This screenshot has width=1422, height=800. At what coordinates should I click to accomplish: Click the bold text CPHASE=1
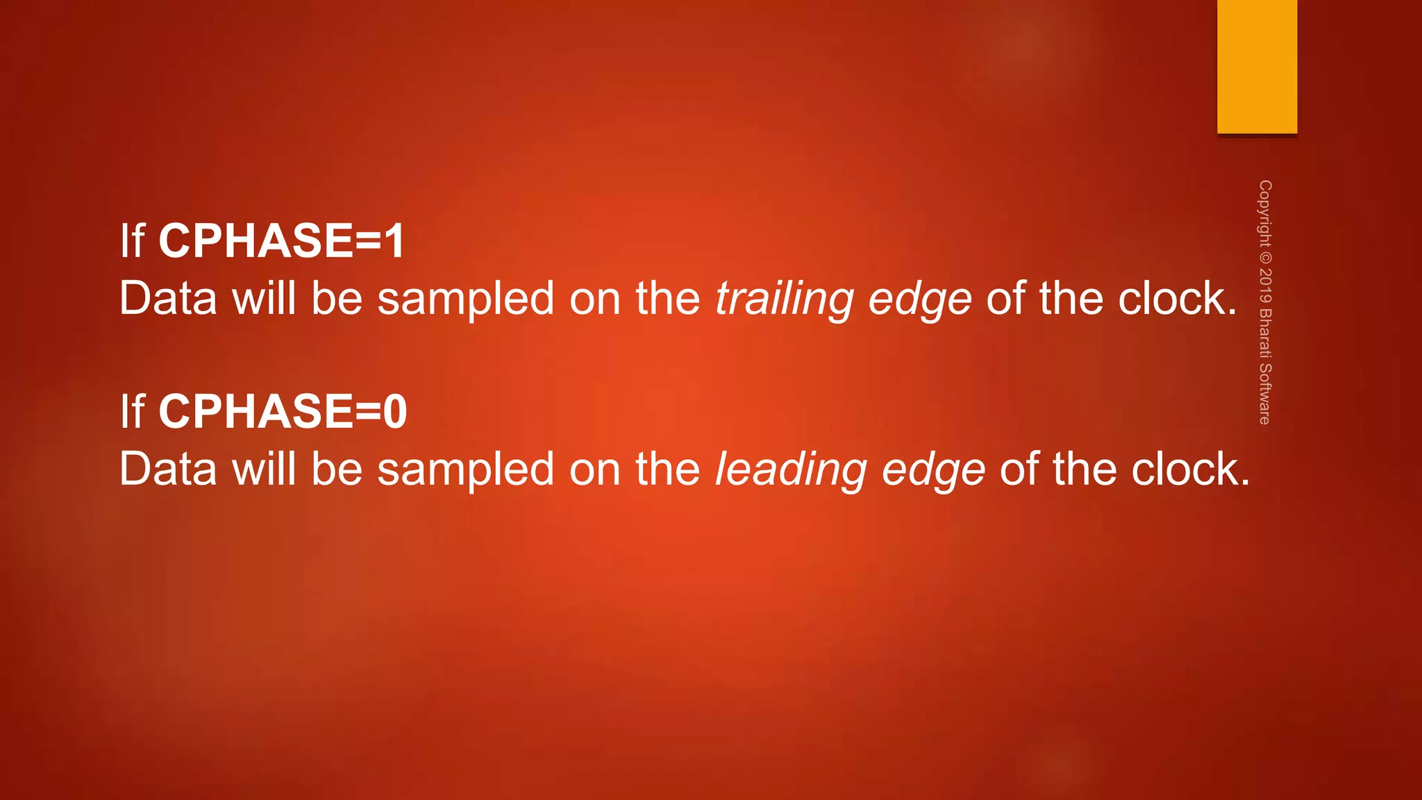(x=281, y=241)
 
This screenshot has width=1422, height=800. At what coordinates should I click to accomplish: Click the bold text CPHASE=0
(x=283, y=411)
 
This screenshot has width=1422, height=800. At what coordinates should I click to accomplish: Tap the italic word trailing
(x=784, y=299)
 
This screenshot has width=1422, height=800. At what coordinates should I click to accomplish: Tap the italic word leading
(x=790, y=469)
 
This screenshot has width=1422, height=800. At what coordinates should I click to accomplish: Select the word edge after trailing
(x=920, y=299)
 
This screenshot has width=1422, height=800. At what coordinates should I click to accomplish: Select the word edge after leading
(x=932, y=469)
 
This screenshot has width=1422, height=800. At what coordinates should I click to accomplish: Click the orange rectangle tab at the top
(x=1257, y=67)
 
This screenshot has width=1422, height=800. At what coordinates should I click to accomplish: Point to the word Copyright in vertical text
(x=1265, y=212)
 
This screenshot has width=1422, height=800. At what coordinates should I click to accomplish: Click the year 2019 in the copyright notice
(x=1265, y=285)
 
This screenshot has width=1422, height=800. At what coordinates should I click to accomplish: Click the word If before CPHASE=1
(x=132, y=241)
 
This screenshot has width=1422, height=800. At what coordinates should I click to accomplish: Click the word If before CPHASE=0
(x=132, y=411)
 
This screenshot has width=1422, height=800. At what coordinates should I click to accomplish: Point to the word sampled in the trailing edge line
(x=465, y=299)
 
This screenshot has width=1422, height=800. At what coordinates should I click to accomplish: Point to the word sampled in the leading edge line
(x=465, y=469)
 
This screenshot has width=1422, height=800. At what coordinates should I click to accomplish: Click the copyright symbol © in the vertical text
(x=1265, y=257)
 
